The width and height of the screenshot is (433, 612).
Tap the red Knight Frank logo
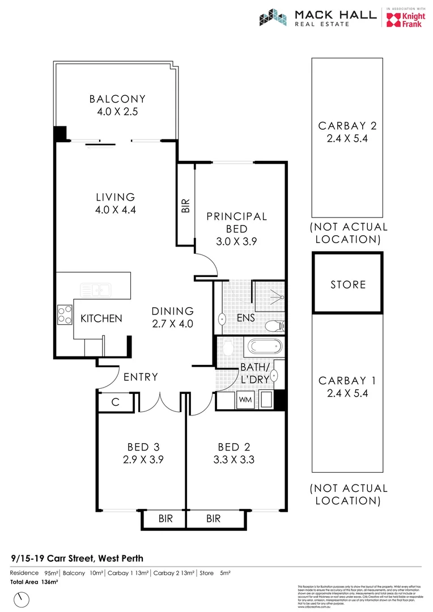tap(398, 20)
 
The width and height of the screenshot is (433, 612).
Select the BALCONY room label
tap(117, 99)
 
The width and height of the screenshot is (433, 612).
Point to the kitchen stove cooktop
tap(65, 314)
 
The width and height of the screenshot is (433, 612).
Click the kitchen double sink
tap(95, 290)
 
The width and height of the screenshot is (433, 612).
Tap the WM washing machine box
tap(245, 399)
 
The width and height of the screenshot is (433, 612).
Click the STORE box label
tap(348, 284)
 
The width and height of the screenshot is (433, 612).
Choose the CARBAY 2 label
tap(347, 126)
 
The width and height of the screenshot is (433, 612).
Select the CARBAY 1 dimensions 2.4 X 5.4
tap(347, 393)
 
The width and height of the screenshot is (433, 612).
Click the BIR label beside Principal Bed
tap(185, 205)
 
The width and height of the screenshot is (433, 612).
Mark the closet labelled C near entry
tap(115, 402)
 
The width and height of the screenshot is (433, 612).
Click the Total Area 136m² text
tap(35, 582)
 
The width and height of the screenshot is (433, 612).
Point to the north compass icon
tap(22, 598)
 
